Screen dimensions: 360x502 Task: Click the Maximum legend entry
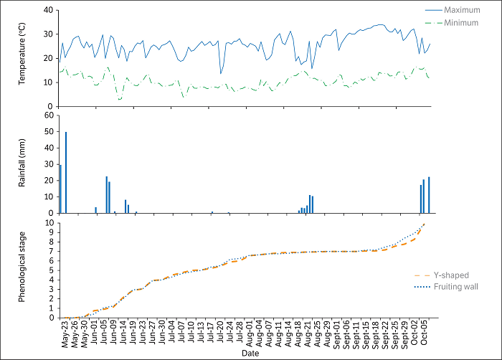tap(463, 10)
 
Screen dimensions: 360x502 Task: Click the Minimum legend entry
tap(462, 23)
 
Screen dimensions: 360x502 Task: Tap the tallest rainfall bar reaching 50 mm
tap(66, 172)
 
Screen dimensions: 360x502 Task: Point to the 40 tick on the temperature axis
tap(49, 10)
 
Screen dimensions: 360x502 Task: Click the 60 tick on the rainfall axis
tap(49, 115)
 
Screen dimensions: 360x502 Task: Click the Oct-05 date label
tap(424, 332)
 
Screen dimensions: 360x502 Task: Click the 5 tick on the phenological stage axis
tap(51, 270)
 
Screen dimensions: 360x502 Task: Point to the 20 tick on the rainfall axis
tap(49, 180)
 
